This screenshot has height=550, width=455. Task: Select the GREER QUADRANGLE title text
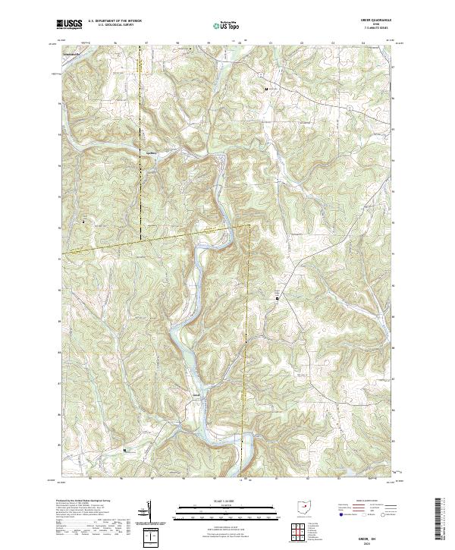click(x=378, y=20)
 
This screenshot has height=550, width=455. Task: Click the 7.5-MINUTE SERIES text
click(x=378, y=29)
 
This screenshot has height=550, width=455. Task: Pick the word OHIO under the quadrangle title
click(x=378, y=25)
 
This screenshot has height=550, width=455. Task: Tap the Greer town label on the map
click(x=196, y=394)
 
